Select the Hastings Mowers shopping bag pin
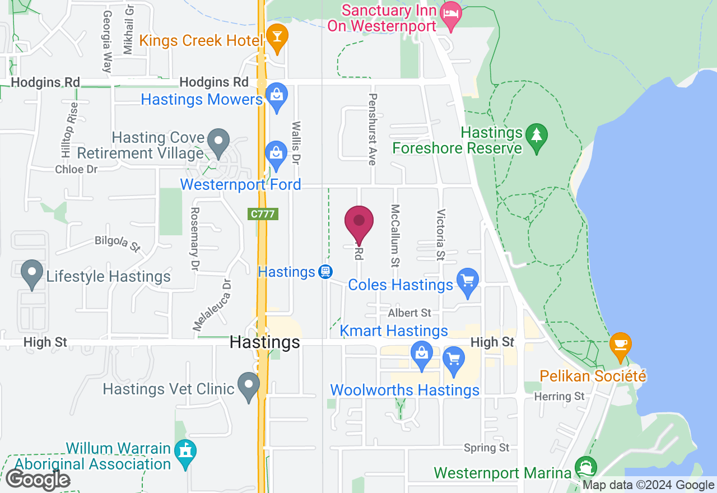pyautogui.click(x=276, y=94)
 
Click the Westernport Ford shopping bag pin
pyautogui.click(x=276, y=152)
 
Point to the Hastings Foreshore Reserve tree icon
pyautogui.click(x=537, y=134)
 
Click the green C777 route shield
pyautogui.click(x=263, y=213)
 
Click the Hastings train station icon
pyautogui.click(x=324, y=272)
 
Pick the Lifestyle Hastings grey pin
pyautogui.click(x=32, y=272)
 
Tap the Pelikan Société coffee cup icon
pyautogui.click(x=620, y=343)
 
